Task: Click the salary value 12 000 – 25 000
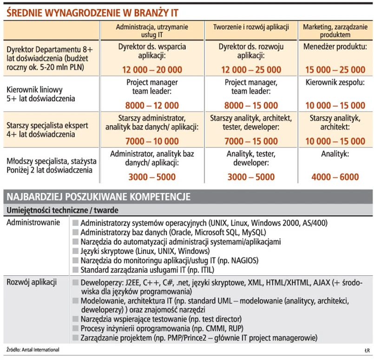click(x=251, y=70)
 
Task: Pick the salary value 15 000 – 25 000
click(x=335, y=70)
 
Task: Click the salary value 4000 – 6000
click(x=335, y=177)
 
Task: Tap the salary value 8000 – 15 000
click(x=251, y=106)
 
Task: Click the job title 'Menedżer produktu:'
click(x=335, y=47)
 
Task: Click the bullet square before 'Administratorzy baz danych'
click(x=76, y=232)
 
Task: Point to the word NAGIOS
click(x=241, y=260)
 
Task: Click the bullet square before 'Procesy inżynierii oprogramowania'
click(x=76, y=328)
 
